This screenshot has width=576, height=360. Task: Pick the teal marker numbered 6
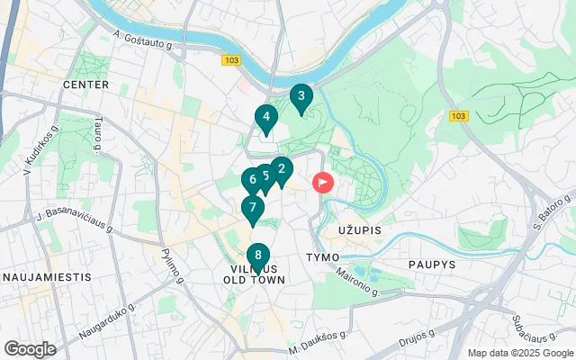(252, 180)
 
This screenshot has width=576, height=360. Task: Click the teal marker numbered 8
(258, 256)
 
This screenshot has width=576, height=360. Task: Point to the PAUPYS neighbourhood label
(433, 265)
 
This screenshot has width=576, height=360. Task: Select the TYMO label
(322, 257)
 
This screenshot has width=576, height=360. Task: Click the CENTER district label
(85, 85)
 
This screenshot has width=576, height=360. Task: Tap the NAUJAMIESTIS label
(46, 276)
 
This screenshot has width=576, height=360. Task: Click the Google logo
(30, 349)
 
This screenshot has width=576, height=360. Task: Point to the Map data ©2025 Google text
(520, 353)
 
